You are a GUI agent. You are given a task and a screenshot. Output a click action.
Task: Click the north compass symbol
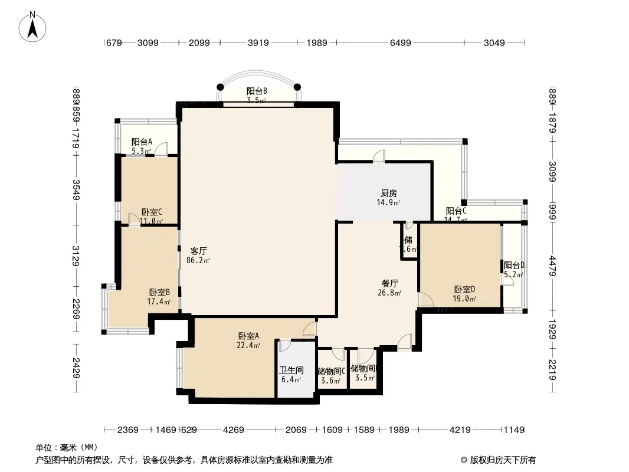point(33,27)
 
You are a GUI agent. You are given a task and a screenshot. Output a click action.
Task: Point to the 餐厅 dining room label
point(389,283)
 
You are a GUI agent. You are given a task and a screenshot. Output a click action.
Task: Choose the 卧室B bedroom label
point(159,292)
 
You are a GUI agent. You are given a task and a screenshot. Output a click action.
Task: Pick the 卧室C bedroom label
point(152,212)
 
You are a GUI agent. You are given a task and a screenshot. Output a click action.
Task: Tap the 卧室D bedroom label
point(464,289)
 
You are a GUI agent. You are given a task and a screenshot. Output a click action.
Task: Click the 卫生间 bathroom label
point(291,371)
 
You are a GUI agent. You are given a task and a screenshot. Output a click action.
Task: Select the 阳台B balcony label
point(257,91)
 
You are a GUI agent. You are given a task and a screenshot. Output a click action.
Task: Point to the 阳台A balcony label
point(142,142)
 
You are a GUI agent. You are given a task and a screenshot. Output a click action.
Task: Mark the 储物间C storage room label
point(331,371)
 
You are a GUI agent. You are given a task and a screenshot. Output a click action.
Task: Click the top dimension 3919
point(257,42)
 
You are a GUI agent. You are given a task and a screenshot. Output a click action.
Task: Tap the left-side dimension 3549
point(76,189)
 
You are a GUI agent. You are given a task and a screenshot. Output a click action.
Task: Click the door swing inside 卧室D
point(425,300)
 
